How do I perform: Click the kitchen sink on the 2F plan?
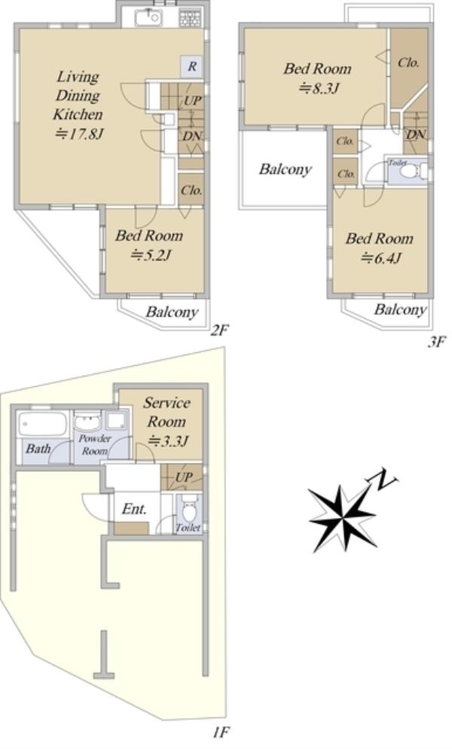tap(148, 18)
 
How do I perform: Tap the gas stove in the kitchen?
tap(191, 17)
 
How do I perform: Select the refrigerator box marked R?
tap(191, 66)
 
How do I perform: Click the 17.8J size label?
tap(79, 134)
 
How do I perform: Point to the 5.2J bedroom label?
tap(151, 255)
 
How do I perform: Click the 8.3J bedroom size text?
tap(319, 88)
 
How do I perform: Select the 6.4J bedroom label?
tap(380, 258)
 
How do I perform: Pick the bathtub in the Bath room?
tap(42, 425)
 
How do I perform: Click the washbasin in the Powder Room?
tap(87, 423)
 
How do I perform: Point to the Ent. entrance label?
tap(134, 509)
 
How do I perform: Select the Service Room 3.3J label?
tap(167, 422)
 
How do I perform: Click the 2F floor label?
tap(221, 330)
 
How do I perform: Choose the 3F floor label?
tap(436, 342)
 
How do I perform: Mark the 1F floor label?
tap(221, 732)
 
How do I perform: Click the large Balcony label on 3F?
tap(286, 169)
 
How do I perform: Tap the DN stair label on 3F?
tap(416, 135)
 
